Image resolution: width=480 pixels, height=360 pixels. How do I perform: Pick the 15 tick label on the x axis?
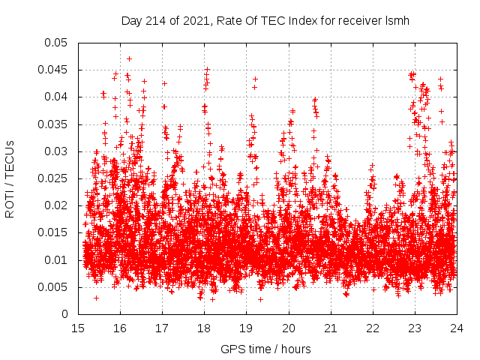(x=78, y=328)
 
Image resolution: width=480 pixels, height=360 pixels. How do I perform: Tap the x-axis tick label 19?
(x=246, y=328)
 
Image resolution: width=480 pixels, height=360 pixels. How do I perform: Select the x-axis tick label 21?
(x=330, y=328)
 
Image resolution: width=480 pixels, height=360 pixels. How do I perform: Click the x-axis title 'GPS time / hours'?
(x=266, y=349)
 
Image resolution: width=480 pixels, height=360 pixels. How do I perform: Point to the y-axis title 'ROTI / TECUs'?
(x=10, y=178)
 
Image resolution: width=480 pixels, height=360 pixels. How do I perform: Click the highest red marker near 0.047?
(x=129, y=58)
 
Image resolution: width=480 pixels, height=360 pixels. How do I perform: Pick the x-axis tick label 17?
(x=162, y=328)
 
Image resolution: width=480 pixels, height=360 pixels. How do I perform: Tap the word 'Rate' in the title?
(x=229, y=20)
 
